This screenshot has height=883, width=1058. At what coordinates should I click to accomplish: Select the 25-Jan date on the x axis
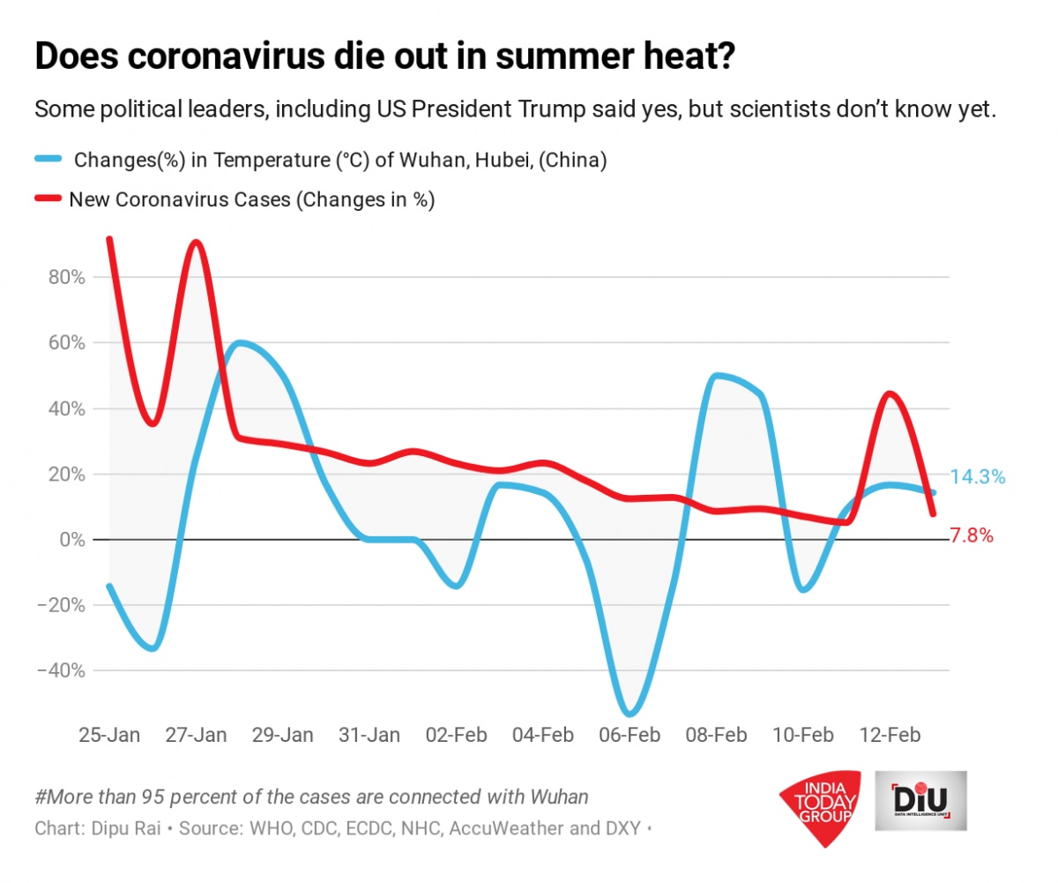[x=109, y=735]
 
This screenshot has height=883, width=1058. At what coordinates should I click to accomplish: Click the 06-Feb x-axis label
[x=630, y=735]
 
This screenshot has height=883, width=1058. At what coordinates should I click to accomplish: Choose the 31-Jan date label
[x=369, y=735]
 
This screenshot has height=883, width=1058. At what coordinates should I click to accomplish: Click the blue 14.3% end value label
[x=978, y=477]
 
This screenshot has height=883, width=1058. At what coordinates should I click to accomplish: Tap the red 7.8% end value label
[x=972, y=535]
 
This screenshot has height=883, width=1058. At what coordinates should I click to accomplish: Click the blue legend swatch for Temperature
[x=48, y=159]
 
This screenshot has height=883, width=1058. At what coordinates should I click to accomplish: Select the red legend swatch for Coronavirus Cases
[x=48, y=199]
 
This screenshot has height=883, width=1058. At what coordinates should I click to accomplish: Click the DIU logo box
[x=920, y=800]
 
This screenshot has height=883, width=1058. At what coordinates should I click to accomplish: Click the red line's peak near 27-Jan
[x=197, y=242]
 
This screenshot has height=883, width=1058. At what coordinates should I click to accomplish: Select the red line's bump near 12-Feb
[x=890, y=393]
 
